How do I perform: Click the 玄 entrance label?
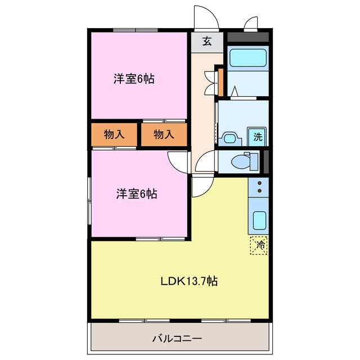206,42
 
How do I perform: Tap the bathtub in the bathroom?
247,58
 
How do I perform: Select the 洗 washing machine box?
258,136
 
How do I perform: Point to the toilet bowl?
242,161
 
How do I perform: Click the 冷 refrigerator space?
259,245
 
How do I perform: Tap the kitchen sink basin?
259,220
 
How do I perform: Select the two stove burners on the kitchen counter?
259,187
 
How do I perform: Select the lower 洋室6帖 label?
137,194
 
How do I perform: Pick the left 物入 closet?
114,134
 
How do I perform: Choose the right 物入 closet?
163,134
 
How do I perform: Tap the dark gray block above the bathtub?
247,38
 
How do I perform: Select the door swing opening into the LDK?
201,186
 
